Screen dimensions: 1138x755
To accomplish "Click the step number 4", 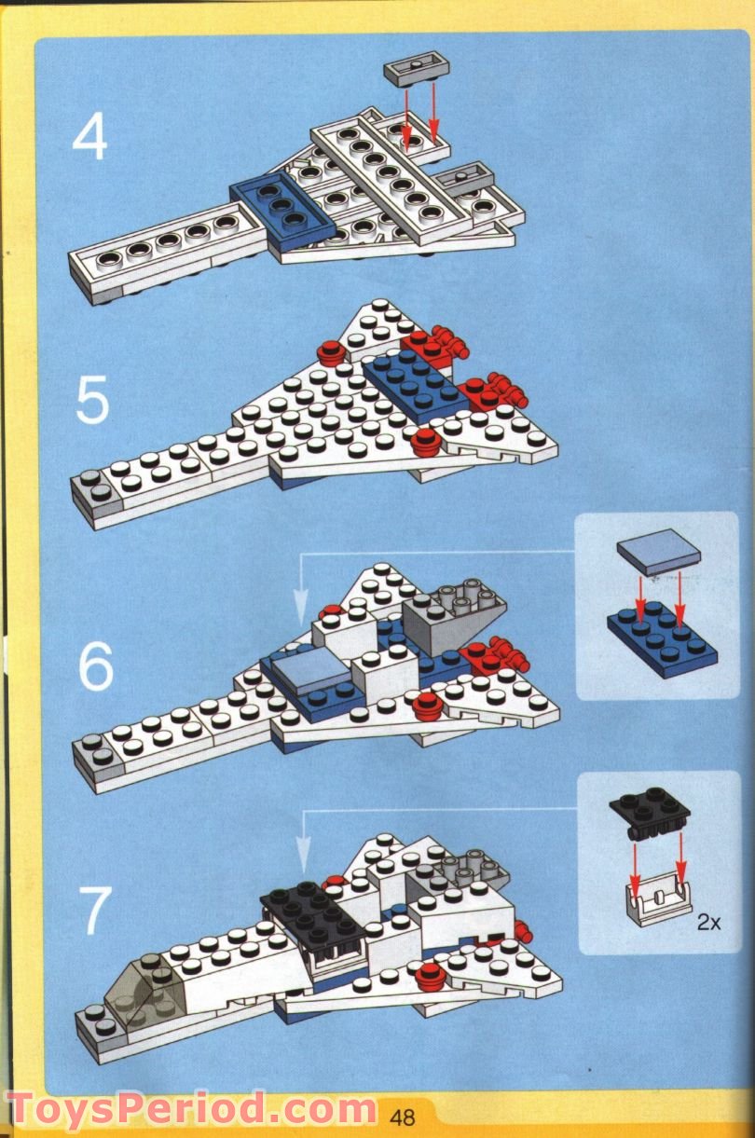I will click(x=90, y=138).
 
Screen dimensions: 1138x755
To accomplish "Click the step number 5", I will click(x=92, y=401).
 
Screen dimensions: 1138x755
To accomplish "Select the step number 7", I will click(x=94, y=911).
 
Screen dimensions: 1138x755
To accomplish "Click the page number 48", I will click(x=403, y=1117).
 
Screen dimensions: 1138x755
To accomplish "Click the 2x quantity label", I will click(x=709, y=923).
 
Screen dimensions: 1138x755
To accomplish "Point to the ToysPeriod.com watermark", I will click(x=191, y=1109).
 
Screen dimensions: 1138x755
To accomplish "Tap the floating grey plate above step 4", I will click(x=410, y=70).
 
